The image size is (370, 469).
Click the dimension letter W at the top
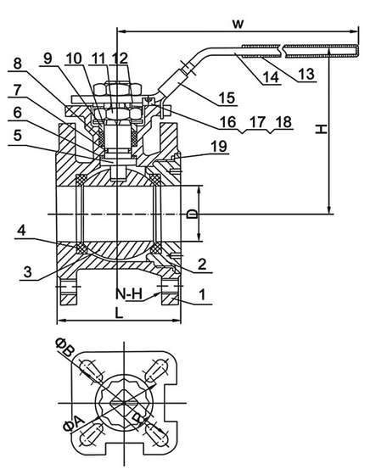(238, 24)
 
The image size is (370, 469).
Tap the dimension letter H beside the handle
(322, 129)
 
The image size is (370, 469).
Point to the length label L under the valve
(119, 313)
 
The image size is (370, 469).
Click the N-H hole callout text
(129, 294)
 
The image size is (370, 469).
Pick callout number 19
(219, 147)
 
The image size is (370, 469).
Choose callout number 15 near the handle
(227, 98)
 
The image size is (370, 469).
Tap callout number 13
(306, 74)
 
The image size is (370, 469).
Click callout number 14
(272, 77)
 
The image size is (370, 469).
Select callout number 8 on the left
(18, 64)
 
